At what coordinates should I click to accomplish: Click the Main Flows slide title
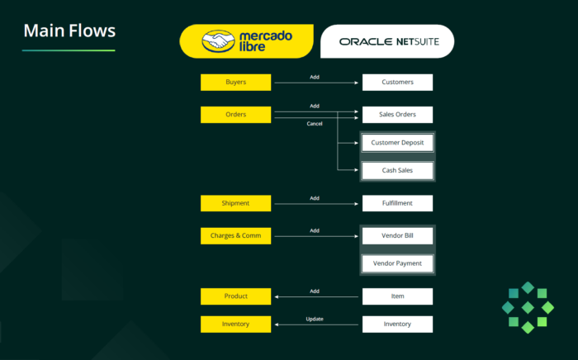[x=69, y=31]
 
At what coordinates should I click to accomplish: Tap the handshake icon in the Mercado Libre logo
[x=218, y=41]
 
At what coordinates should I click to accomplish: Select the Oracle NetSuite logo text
[x=389, y=41]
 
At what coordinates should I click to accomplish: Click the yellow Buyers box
[x=235, y=83]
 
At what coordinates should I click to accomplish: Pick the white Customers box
[x=397, y=83]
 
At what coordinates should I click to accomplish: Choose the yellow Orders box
[x=235, y=115]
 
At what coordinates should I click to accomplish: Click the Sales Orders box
[x=397, y=115]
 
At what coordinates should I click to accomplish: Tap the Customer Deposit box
[x=397, y=143]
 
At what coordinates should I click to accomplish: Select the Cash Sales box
[x=397, y=171]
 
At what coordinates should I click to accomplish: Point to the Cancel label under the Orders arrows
[x=315, y=124]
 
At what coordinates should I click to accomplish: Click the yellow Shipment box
[x=235, y=203]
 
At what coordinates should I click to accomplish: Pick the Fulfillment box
[x=397, y=203]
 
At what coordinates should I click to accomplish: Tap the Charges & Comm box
[x=235, y=236]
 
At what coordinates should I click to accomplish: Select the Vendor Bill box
[x=397, y=236]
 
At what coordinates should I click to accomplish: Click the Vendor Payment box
[x=397, y=263]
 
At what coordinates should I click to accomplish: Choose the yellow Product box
[x=235, y=296]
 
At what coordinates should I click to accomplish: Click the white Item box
[x=397, y=296]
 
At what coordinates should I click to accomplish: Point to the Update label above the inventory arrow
[x=315, y=319]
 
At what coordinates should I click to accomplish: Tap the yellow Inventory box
[x=235, y=324]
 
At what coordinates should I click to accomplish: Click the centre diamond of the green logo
[x=528, y=307]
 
